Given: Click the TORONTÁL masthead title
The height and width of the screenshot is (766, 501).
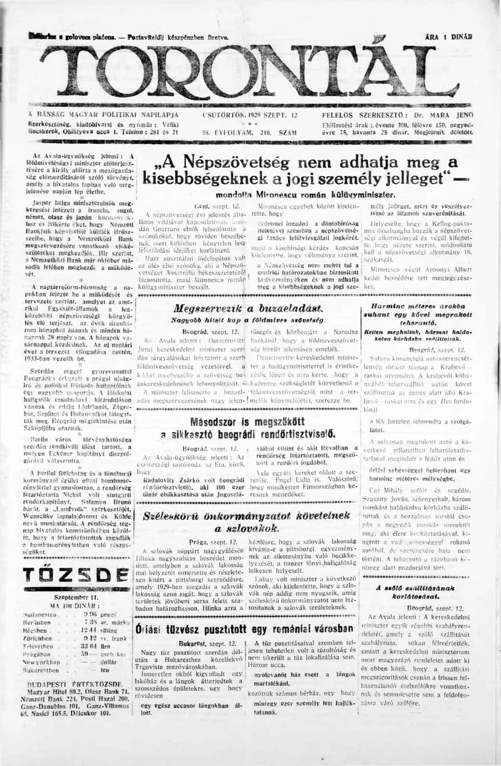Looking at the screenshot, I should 250,72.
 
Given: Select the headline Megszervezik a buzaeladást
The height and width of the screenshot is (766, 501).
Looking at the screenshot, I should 249,309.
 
